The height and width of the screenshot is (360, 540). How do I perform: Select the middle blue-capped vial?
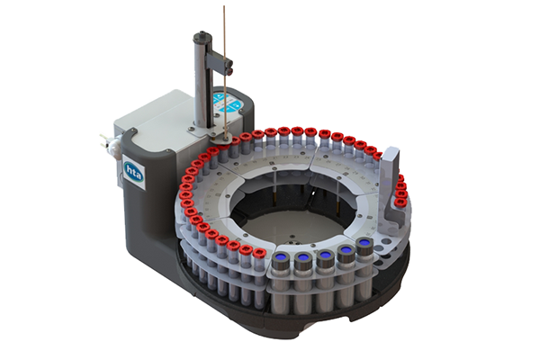[324, 259]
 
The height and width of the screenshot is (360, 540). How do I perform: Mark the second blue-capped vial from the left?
[303, 260]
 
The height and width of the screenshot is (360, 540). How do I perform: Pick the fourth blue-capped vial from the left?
[345, 255]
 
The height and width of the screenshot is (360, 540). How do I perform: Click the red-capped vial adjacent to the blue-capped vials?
[259, 255]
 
